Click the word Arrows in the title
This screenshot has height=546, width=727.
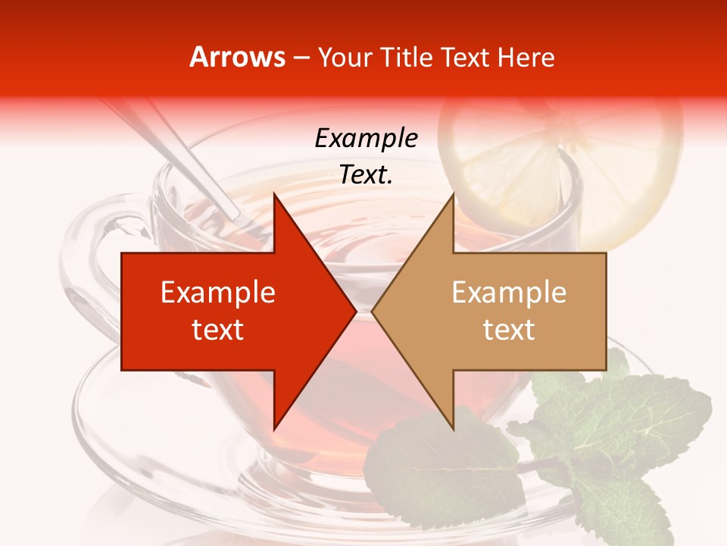(x=238, y=57)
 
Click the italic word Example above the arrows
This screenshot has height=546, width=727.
(x=366, y=139)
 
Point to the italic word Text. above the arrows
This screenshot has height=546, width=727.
(x=366, y=175)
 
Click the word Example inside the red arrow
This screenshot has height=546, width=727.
(x=218, y=293)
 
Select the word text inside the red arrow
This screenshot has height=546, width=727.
(x=218, y=330)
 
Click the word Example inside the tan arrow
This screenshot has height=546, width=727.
(x=509, y=293)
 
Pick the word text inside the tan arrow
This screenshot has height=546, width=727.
(x=509, y=330)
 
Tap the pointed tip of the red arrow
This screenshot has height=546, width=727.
(x=354, y=311)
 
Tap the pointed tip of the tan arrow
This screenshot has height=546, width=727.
(x=373, y=311)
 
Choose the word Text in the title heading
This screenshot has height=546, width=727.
(x=466, y=57)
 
